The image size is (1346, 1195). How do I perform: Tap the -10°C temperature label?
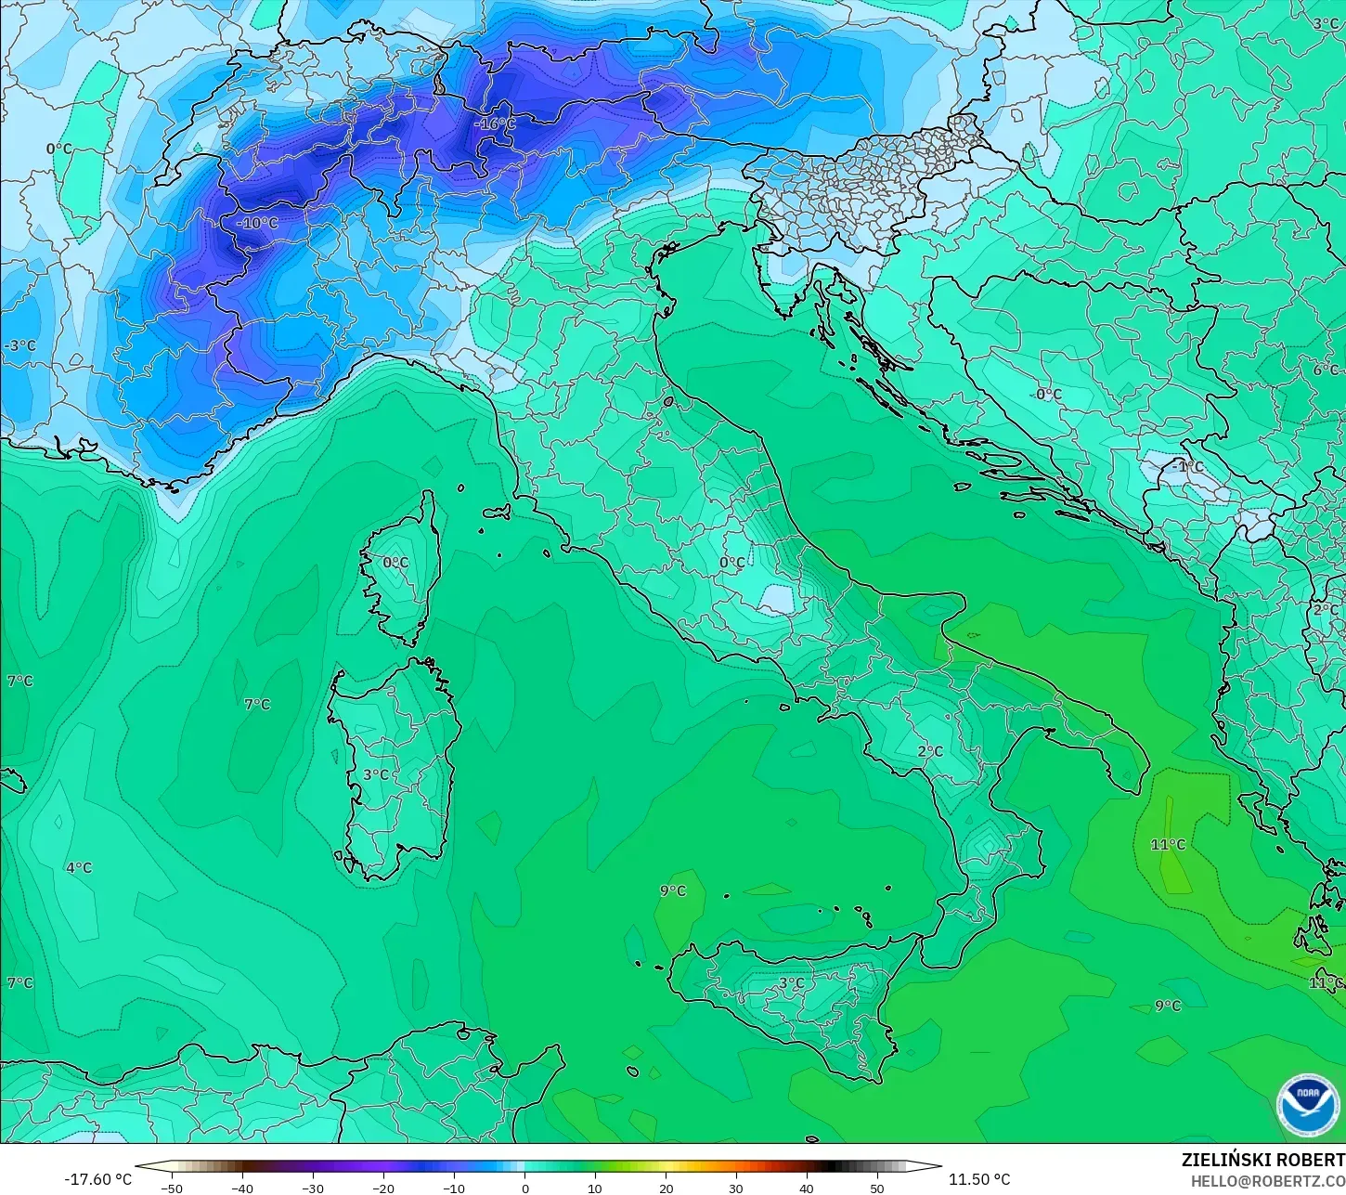pyautogui.click(x=256, y=223)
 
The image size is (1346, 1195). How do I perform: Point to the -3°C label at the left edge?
pyautogui.click(x=19, y=345)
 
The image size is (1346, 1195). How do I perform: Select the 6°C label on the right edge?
pyautogui.click(x=1326, y=370)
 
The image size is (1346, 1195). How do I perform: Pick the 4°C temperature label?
pyautogui.click(x=79, y=867)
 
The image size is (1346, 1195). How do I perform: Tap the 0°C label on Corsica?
pyautogui.click(x=395, y=562)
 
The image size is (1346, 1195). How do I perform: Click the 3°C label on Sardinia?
pyautogui.click(x=376, y=774)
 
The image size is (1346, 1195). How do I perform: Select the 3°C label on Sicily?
pyautogui.click(x=791, y=982)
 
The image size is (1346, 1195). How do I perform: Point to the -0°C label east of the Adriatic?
pyautogui.click(x=1046, y=394)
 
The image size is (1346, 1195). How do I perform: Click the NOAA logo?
pyautogui.click(x=1307, y=1105)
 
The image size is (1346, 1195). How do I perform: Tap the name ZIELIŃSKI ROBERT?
pyautogui.click(x=1262, y=1160)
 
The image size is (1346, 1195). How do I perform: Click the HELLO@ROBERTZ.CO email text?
pyautogui.click(x=1268, y=1181)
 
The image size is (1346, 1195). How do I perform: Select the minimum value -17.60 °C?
pyautogui.click(x=97, y=1179)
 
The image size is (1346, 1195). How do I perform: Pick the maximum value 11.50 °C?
pyautogui.click(x=979, y=1179)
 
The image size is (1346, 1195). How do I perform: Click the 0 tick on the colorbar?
pyautogui.click(x=524, y=1188)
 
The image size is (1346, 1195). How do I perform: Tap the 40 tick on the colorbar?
pyautogui.click(x=807, y=1188)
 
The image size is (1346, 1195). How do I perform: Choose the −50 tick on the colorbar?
pyautogui.click(x=171, y=1188)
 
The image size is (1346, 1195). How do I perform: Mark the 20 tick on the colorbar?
pyautogui.click(x=666, y=1188)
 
